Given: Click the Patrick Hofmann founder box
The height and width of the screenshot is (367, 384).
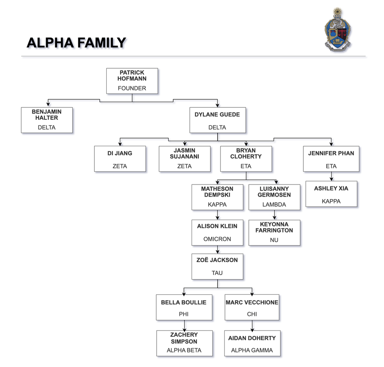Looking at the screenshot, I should pyautogui.click(x=132, y=81).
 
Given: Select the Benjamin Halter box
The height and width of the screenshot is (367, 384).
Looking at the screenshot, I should pyautogui.click(x=46, y=120).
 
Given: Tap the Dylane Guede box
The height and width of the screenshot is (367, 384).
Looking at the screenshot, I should pyautogui.click(x=217, y=120).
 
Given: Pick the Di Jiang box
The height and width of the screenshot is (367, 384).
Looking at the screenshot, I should pyautogui.click(x=120, y=159).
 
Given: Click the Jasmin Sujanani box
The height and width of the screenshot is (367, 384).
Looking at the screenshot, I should pyautogui.click(x=184, y=159).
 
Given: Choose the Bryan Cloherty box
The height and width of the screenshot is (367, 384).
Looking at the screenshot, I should pyautogui.click(x=246, y=159).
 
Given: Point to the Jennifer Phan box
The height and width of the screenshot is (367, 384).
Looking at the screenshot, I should pyautogui.click(x=331, y=159).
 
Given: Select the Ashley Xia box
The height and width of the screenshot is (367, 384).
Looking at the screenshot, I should pyautogui.click(x=331, y=194).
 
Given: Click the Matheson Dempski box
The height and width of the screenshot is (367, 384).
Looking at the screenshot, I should pyautogui.click(x=217, y=197).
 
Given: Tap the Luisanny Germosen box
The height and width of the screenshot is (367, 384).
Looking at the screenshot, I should pyautogui.click(x=274, y=197).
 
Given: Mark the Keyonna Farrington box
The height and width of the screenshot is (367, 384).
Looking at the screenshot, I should pyautogui.click(x=274, y=233).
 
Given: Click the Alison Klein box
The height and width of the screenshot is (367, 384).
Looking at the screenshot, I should pyautogui.click(x=217, y=232).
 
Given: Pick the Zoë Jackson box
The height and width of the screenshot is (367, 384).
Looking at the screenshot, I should pyautogui.click(x=217, y=266).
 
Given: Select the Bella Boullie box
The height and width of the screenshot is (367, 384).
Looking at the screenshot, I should pyautogui.click(x=184, y=307).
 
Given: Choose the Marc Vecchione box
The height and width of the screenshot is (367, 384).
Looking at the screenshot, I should pyautogui.click(x=252, y=307).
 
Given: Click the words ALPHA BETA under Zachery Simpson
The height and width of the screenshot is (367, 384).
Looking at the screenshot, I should pyautogui.click(x=184, y=350).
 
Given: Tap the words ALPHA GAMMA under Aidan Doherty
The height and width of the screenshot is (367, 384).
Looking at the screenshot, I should pyautogui.click(x=252, y=350).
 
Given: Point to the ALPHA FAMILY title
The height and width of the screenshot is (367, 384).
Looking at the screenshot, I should pyautogui.click(x=76, y=43).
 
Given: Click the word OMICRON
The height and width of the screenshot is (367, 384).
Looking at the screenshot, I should pyautogui.click(x=217, y=239).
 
